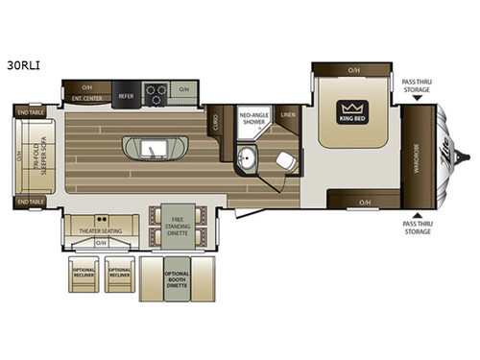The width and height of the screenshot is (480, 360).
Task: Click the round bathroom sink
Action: (x=248, y=156)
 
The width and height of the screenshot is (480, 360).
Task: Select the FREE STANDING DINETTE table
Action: (x=175, y=225)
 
